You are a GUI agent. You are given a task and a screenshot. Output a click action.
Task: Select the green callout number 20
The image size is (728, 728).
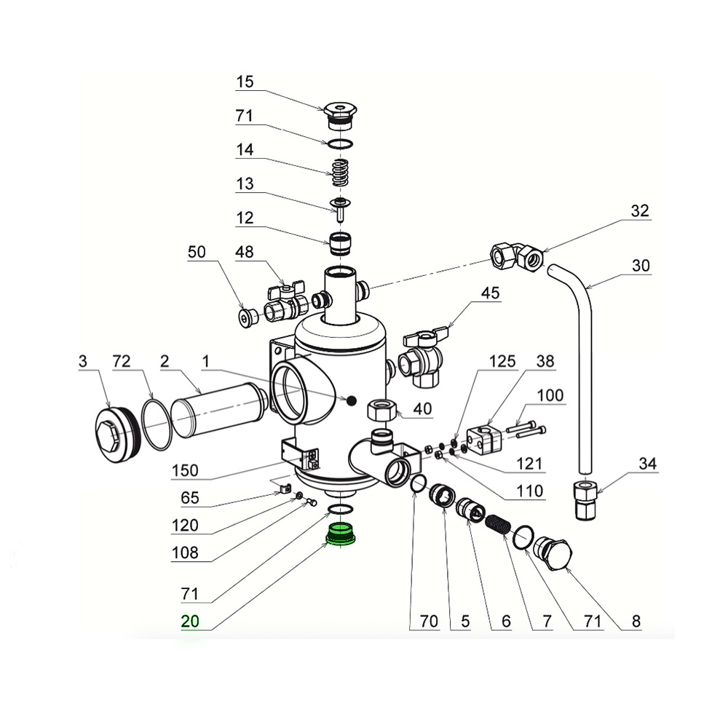(x=190, y=621)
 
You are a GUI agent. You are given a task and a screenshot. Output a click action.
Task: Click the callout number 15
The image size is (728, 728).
(x=245, y=82)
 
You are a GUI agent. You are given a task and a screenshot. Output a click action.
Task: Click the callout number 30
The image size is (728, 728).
(x=641, y=266)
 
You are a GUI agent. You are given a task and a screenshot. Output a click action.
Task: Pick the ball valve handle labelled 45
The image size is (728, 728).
(x=422, y=337)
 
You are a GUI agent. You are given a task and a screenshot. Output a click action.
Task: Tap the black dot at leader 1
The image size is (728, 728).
(x=351, y=400)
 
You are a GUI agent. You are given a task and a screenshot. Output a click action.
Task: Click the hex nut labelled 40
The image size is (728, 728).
(x=383, y=411)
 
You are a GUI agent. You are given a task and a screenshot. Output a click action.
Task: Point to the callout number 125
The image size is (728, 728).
(x=502, y=361)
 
